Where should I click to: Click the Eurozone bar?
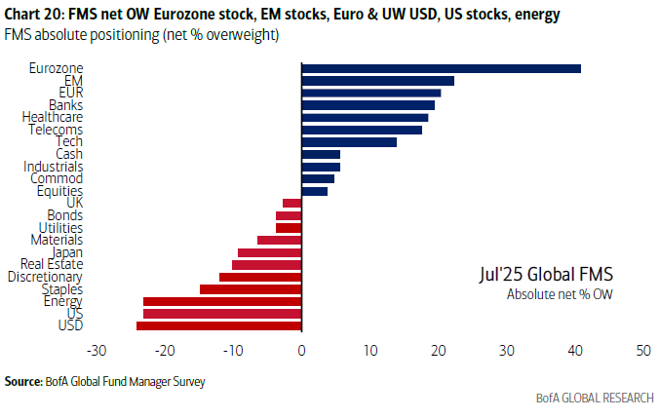click(x=441, y=68)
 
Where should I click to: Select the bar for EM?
click(x=377, y=81)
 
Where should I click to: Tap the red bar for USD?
click(x=219, y=325)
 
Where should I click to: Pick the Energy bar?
click(x=222, y=301)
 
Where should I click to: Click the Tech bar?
click(x=349, y=141)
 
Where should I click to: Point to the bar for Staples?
click(x=251, y=289)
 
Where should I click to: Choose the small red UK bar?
click(x=292, y=203)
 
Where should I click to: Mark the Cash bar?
click(x=321, y=154)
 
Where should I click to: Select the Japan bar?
click(x=270, y=252)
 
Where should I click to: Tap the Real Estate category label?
click(x=52, y=264)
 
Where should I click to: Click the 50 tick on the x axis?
click(x=642, y=350)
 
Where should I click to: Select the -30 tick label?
click(x=97, y=350)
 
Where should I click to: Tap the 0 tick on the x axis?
click(x=302, y=350)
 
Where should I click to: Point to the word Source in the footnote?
click(x=22, y=380)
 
